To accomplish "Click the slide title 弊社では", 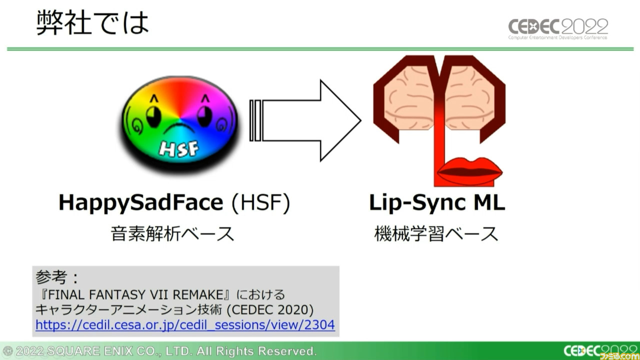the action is pos(93,22).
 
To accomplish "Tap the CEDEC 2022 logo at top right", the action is pos(558,29).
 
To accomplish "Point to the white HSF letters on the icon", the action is pos(179,148).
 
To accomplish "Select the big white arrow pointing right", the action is pos(305,120).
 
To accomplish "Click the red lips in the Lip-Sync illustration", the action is pos(470,171).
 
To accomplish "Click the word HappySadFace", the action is pos(140,203).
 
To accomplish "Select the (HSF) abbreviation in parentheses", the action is pos(261,202).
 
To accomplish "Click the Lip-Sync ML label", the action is pos(437,203).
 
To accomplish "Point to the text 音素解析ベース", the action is pos(172,233).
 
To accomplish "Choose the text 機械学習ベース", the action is pos(436,233).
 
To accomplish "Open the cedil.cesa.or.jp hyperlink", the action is pos(185,325).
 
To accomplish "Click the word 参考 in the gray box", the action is pos(51,277).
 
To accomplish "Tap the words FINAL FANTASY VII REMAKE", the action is pos(135,294).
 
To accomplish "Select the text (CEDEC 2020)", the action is pos(270,309).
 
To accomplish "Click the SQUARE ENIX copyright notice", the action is pos(159,351).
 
